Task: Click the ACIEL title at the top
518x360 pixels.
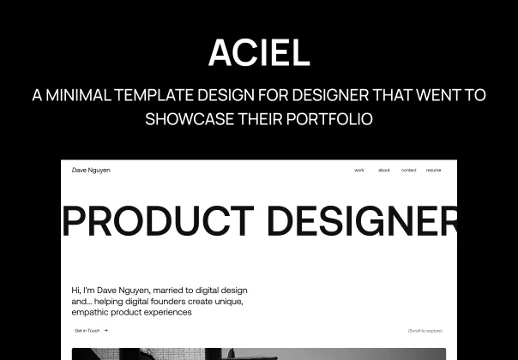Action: point(259,53)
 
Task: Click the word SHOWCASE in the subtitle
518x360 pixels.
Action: point(186,118)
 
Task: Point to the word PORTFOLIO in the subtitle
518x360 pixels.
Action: point(329,118)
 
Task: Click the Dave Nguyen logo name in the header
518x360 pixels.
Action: point(91,170)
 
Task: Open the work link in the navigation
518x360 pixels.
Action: point(359,171)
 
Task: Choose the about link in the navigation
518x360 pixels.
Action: point(383,171)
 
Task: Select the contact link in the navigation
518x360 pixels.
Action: point(408,171)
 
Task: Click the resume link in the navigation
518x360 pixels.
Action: point(433,171)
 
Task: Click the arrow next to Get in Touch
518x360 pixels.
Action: point(105,330)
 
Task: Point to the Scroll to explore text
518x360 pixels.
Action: point(425,330)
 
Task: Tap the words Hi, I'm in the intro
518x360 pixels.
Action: point(83,291)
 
